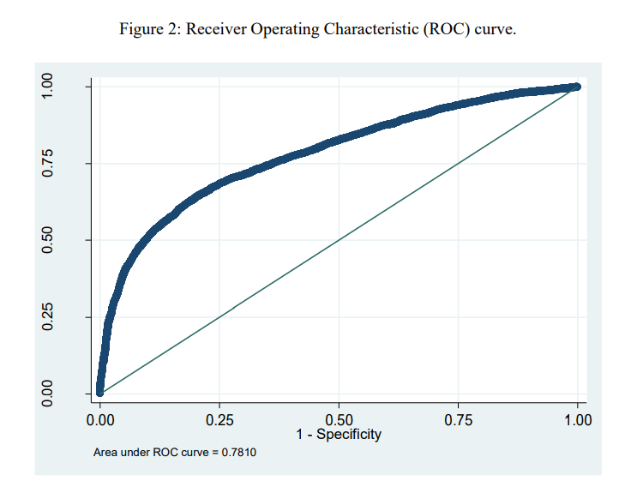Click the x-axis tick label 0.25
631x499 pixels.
click(219, 420)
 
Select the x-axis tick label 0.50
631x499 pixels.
click(339, 420)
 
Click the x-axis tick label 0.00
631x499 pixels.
click(100, 420)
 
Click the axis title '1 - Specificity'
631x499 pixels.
click(339, 435)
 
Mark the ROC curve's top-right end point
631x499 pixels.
click(576, 87)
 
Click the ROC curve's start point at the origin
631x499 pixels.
click(100, 393)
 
